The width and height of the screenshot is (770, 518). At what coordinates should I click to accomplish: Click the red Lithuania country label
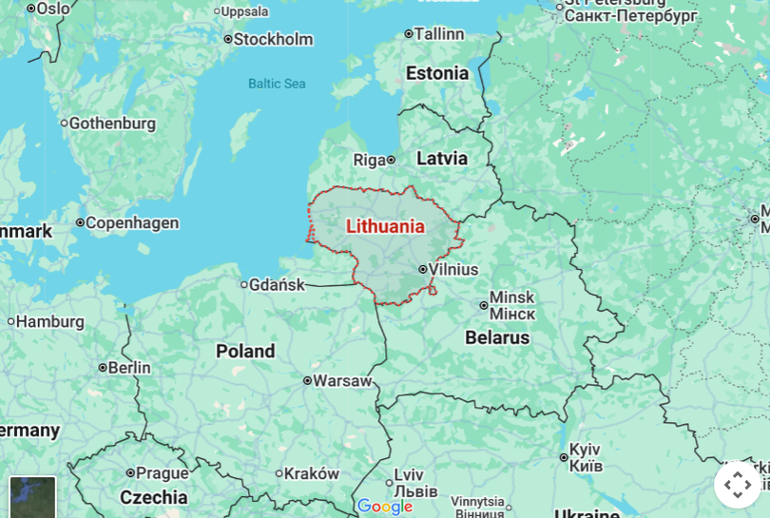385,226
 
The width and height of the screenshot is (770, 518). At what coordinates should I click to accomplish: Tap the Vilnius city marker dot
423,269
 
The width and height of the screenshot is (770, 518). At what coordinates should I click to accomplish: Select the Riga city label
369,160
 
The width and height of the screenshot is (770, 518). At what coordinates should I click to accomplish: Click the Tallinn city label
438,33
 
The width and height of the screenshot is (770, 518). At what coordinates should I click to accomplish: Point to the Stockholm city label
273,39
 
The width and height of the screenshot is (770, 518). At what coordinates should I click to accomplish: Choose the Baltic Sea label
277,84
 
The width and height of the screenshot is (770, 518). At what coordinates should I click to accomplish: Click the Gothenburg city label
112,123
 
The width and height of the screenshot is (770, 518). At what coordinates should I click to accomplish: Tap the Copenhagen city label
132,222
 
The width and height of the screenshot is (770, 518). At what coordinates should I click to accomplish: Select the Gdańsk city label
277,284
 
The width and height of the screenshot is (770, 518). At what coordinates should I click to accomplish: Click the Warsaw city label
342,380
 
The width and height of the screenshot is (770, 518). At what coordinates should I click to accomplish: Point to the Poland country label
245,351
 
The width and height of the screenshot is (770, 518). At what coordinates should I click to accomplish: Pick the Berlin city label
129,367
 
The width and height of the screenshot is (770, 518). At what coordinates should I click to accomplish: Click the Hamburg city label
49,321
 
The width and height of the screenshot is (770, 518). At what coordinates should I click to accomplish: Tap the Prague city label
162,472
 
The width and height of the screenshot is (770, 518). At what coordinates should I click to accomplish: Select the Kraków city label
311,473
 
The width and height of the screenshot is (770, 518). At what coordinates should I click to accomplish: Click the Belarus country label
497,337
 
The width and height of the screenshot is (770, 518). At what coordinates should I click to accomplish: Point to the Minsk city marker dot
484,305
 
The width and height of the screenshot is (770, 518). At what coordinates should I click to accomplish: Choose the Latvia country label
442,158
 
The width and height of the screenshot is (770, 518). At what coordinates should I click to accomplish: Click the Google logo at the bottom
385,507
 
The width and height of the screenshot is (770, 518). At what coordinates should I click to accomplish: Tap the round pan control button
738,485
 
